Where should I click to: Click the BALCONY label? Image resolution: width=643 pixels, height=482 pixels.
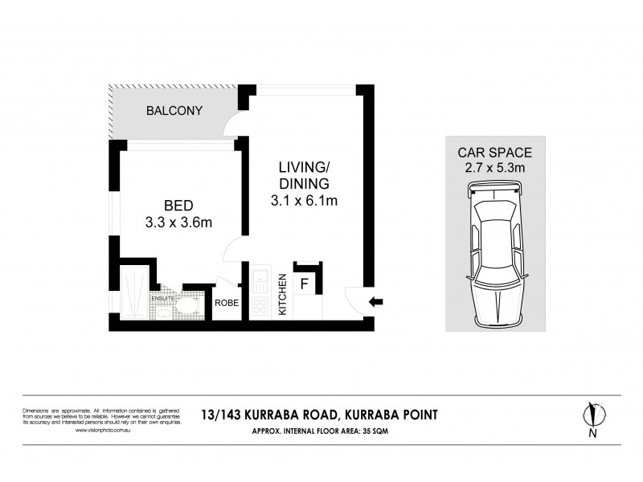click(x=174, y=111)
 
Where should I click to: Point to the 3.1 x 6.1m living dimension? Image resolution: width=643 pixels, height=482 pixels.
click(x=304, y=201)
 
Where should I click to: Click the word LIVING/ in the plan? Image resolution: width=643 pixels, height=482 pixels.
click(x=304, y=167)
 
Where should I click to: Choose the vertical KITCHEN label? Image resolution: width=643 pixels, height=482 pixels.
click(x=282, y=295)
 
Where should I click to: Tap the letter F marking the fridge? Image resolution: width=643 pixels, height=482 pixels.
click(x=305, y=283)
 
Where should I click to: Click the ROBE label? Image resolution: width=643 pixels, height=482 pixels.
click(x=227, y=303)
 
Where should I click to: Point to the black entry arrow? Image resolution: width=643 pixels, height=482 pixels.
click(x=375, y=302)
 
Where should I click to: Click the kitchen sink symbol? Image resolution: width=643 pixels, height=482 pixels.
click(x=261, y=281)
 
